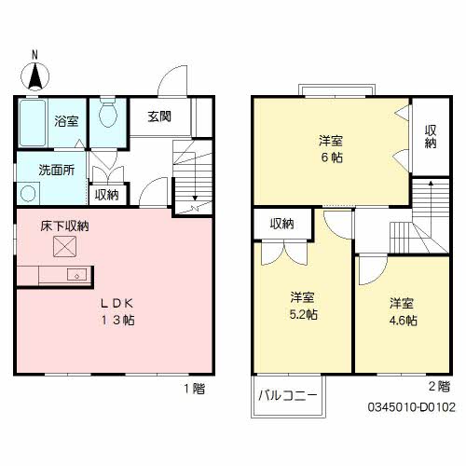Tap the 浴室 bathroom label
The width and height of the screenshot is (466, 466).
[65, 120]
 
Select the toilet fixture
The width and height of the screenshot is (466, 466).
[107, 116]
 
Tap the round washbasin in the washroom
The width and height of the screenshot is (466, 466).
[29, 194]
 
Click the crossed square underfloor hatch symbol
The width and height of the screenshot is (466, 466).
[63, 246]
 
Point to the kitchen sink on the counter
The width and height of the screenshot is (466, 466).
[76, 274]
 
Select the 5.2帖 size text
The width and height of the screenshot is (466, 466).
[302, 314]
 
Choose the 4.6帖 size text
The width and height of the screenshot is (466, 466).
[402, 320]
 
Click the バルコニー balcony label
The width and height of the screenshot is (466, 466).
[288, 396]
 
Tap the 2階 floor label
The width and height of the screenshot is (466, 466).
[437, 386]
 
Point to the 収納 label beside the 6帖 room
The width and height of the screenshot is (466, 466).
[430, 137]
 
